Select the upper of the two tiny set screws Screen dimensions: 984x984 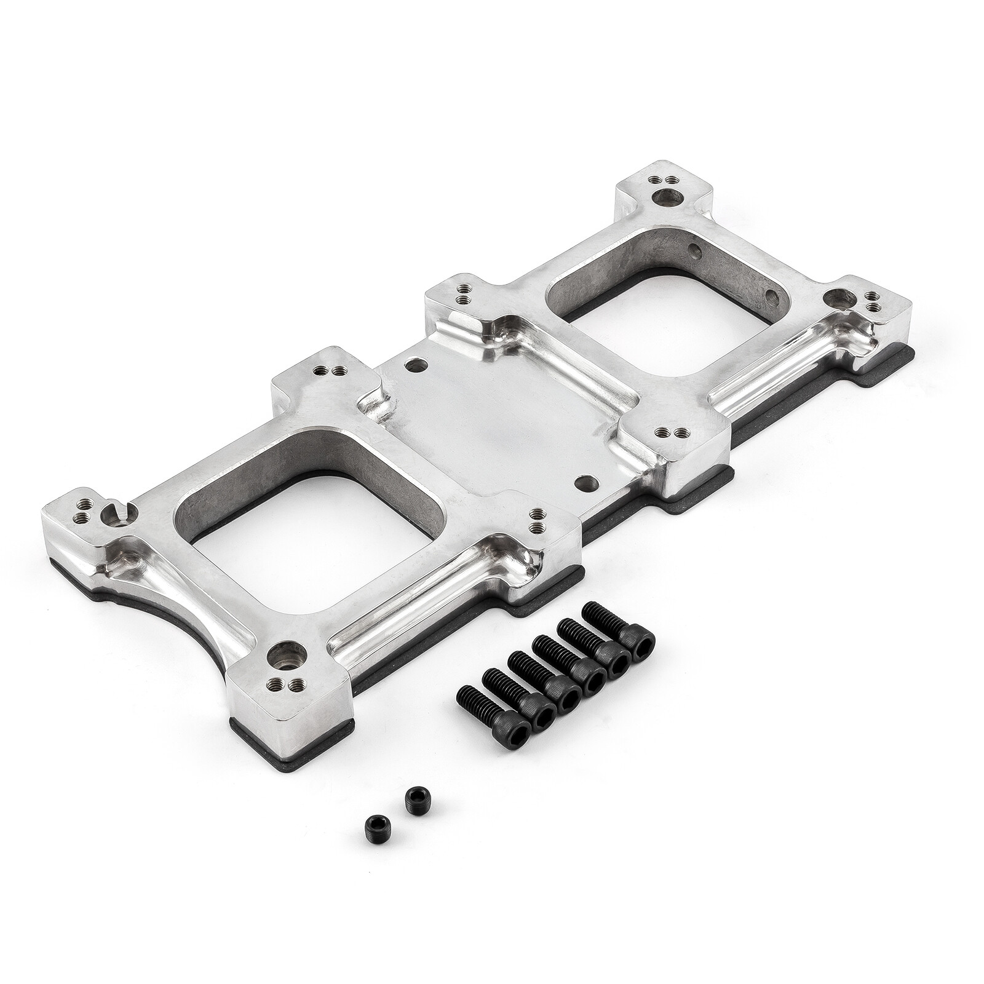pos(411,819)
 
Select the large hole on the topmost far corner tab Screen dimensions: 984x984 pos(669,199)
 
